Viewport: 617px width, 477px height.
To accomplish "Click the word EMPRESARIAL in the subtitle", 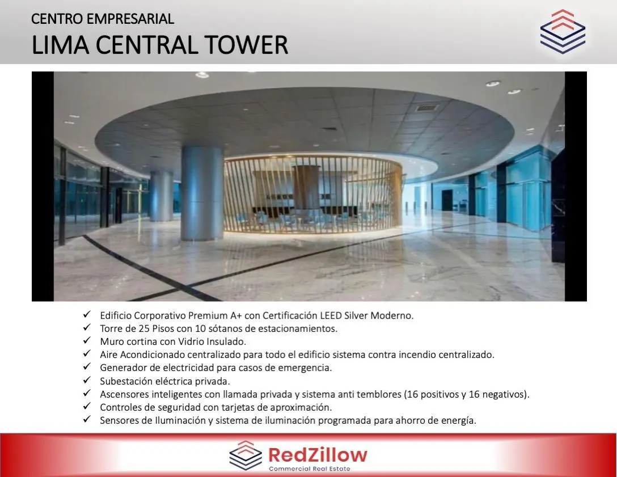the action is [130, 19].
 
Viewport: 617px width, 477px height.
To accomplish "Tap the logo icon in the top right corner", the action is [563, 32].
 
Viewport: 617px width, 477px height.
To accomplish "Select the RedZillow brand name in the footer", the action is [318, 455].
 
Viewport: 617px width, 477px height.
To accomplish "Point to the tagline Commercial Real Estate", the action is [309, 468].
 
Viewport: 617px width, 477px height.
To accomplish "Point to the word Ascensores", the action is [124, 394].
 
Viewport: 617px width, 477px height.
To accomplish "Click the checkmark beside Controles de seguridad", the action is [87, 406].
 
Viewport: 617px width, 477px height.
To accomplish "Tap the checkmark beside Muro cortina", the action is [87, 340].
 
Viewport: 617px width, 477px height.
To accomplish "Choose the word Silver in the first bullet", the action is [357, 316].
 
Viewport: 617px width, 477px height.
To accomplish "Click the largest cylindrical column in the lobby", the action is [202, 193].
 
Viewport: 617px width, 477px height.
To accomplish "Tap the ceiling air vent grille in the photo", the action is [427, 107].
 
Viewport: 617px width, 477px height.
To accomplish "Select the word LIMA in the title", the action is [61, 45].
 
